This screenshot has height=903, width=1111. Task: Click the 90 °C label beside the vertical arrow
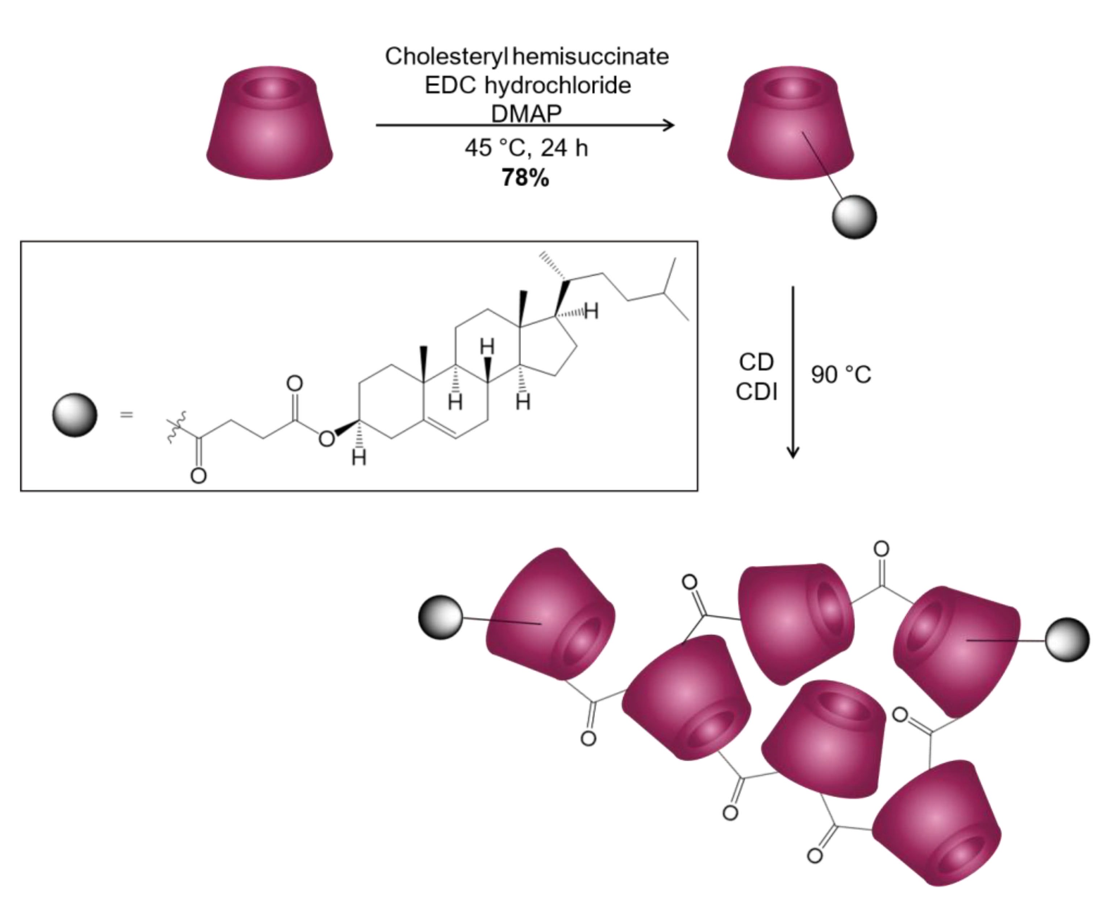point(841,375)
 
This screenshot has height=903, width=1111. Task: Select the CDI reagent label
point(756,392)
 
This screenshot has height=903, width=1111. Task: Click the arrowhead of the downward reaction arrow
point(793,451)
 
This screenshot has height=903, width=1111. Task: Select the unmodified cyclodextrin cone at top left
point(270,123)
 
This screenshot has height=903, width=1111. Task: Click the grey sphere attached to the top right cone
point(854,217)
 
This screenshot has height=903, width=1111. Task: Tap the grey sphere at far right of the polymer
point(1067,640)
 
